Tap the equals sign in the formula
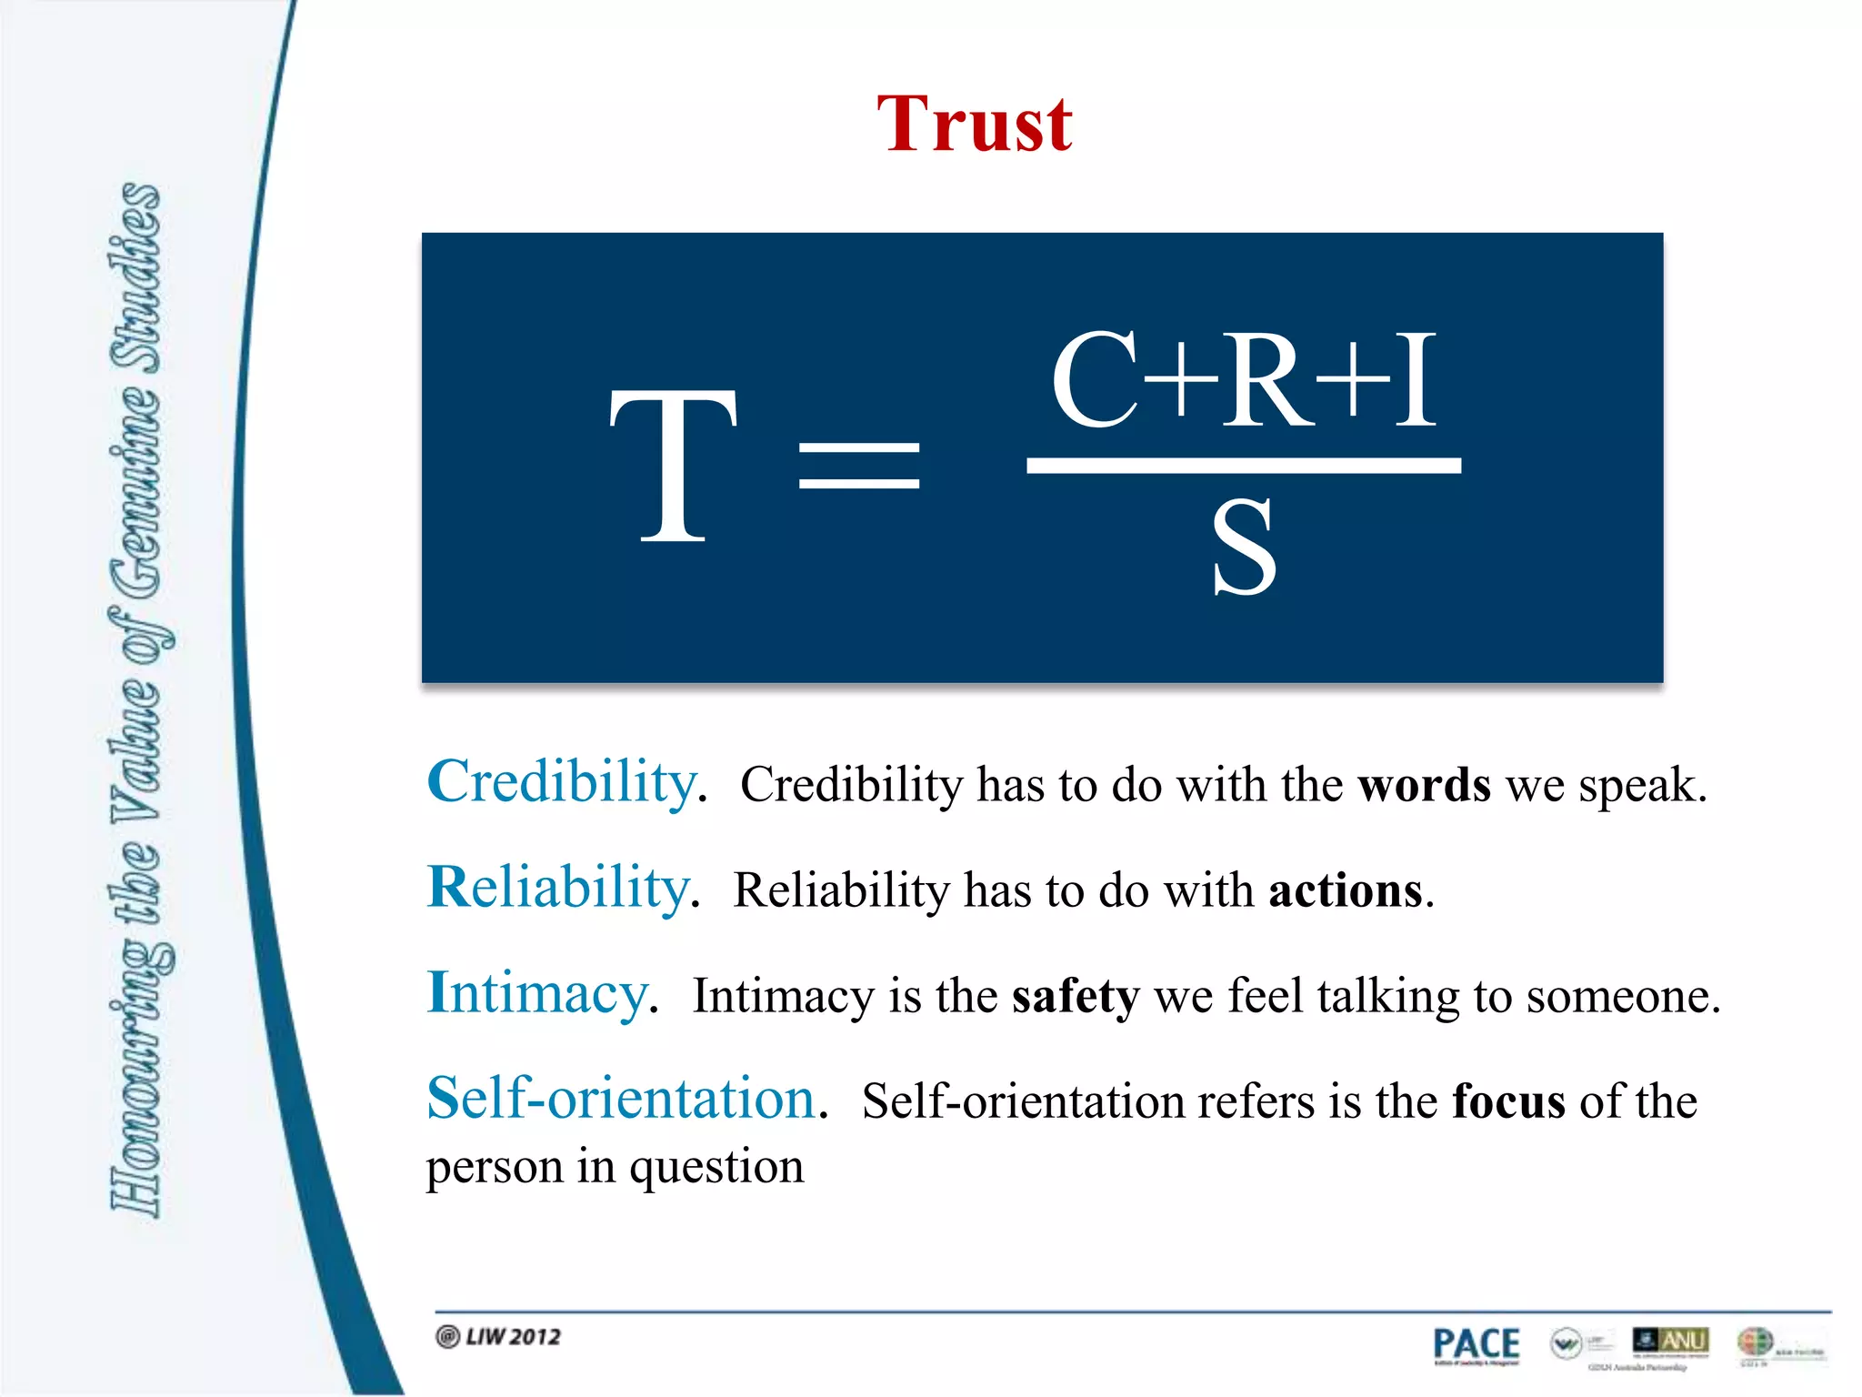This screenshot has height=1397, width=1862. tap(859, 466)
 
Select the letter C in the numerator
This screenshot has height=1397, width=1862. tap(1096, 380)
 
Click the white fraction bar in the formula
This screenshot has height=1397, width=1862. tap(1243, 466)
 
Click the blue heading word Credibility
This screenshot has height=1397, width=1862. tap(562, 782)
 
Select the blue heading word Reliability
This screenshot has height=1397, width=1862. tap(558, 888)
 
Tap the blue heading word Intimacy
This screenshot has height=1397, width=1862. tap(538, 993)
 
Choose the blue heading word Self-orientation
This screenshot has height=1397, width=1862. tap(621, 1099)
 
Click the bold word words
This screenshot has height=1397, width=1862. tap(1424, 785)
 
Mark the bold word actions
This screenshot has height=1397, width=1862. tap(1346, 890)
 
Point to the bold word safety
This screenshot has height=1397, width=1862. tap(1075, 997)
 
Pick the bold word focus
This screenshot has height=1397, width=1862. tap(1508, 1102)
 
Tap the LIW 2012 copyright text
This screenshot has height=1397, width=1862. tap(500, 1337)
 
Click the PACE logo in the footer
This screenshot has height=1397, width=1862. tap(1476, 1344)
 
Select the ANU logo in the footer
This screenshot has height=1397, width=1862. tap(1671, 1341)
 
